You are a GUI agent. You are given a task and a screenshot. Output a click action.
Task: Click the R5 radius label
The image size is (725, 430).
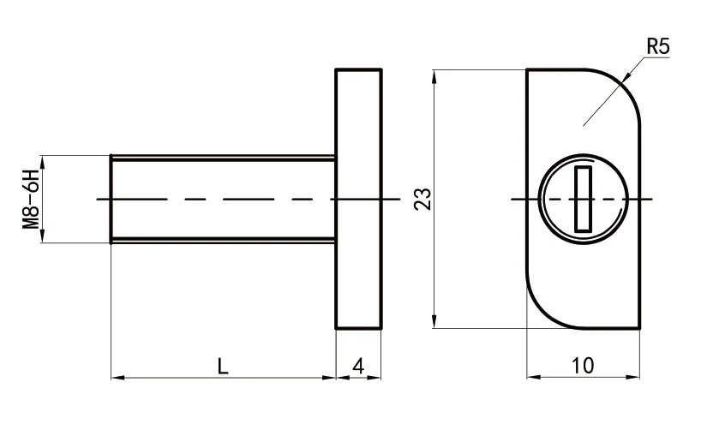(x=657, y=47)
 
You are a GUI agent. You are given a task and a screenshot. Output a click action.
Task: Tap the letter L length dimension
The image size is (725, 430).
(x=222, y=367)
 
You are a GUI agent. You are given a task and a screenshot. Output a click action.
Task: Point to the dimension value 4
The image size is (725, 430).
(x=358, y=367)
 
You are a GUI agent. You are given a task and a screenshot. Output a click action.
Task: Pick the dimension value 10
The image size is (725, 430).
(x=582, y=367)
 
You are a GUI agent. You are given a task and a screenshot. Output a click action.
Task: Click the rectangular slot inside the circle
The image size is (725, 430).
(x=584, y=200)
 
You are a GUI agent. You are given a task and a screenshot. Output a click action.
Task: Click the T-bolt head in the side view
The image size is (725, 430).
(x=358, y=199)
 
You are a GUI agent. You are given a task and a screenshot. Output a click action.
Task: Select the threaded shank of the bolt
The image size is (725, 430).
(x=223, y=199)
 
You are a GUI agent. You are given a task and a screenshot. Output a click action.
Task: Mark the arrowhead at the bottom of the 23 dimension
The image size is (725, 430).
(x=436, y=323)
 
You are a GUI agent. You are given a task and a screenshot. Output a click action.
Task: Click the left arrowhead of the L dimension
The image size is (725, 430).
(x=117, y=377)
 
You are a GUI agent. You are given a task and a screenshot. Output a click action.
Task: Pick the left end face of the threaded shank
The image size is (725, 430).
(x=111, y=199)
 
